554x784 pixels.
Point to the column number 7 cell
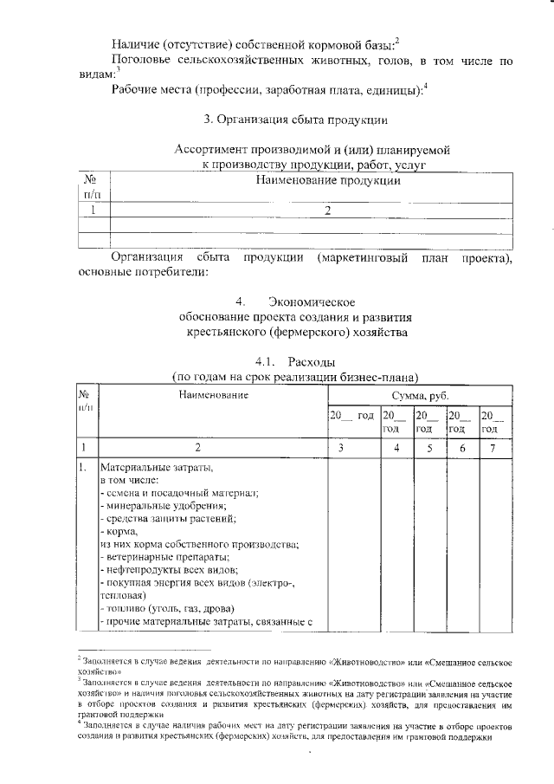pyautogui.click(x=489, y=448)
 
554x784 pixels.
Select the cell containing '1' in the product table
pyautogui.click(x=92, y=209)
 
